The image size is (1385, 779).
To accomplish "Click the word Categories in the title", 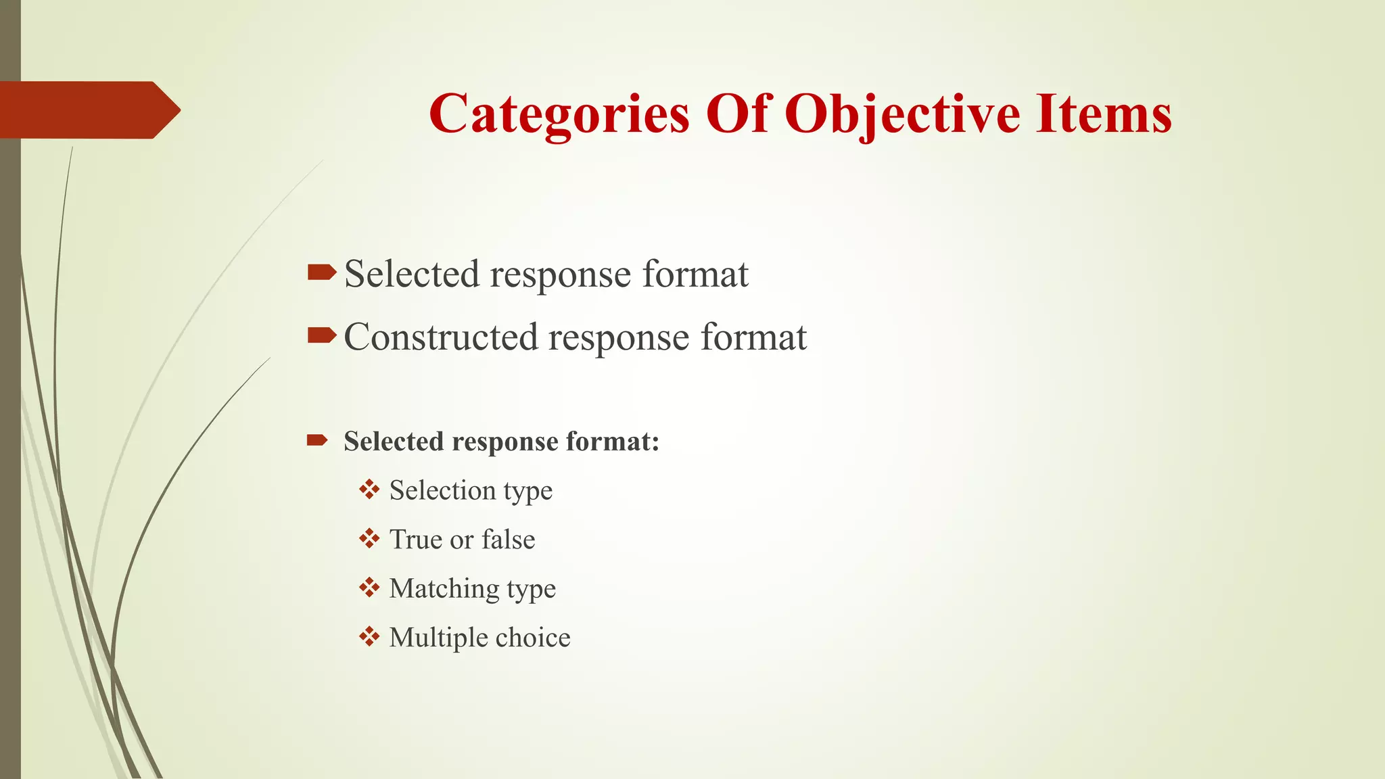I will (559, 114).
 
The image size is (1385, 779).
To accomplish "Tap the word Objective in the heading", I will (901, 114).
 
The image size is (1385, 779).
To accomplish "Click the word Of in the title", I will (738, 114).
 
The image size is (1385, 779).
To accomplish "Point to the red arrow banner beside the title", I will (90, 110).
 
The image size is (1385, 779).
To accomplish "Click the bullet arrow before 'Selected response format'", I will (321, 273).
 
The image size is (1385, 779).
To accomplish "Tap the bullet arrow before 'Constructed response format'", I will (321, 335).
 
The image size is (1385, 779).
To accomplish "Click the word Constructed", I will (441, 337).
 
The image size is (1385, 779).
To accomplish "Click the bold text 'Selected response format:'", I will (501, 442).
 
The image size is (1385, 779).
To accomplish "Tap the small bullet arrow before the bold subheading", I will (317, 441).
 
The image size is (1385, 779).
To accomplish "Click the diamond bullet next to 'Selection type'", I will (369, 489).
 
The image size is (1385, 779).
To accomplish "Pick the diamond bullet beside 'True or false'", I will (369, 539).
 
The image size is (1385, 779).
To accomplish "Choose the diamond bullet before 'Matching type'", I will (369, 588).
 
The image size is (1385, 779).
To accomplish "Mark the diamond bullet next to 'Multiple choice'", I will (369, 637).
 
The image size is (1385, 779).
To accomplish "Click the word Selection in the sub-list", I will (442, 490).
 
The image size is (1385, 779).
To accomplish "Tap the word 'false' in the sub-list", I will (508, 540).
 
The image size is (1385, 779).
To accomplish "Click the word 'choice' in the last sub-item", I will (532, 638).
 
